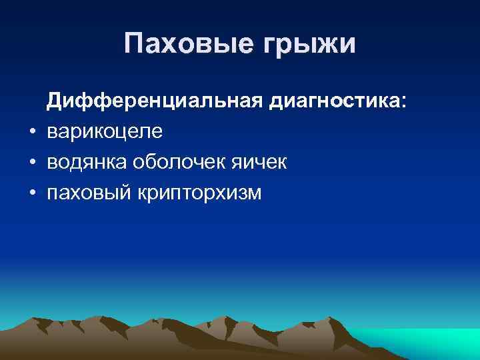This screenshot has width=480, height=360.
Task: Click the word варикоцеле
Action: click(104, 132)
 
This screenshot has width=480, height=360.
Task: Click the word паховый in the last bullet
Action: click(89, 193)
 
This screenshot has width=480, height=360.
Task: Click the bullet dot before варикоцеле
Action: click(32, 132)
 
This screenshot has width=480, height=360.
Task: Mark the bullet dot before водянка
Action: click(32, 163)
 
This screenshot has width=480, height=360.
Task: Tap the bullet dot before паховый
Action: click(32, 193)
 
